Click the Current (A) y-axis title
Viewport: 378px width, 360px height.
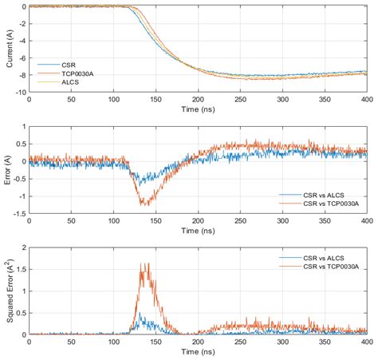(x=9, y=49)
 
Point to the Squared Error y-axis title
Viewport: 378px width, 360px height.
(x=9, y=290)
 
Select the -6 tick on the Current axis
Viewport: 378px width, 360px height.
(x=22, y=57)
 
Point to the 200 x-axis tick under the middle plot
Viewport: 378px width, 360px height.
(x=197, y=221)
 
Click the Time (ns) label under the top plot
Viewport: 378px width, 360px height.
(x=197, y=109)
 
